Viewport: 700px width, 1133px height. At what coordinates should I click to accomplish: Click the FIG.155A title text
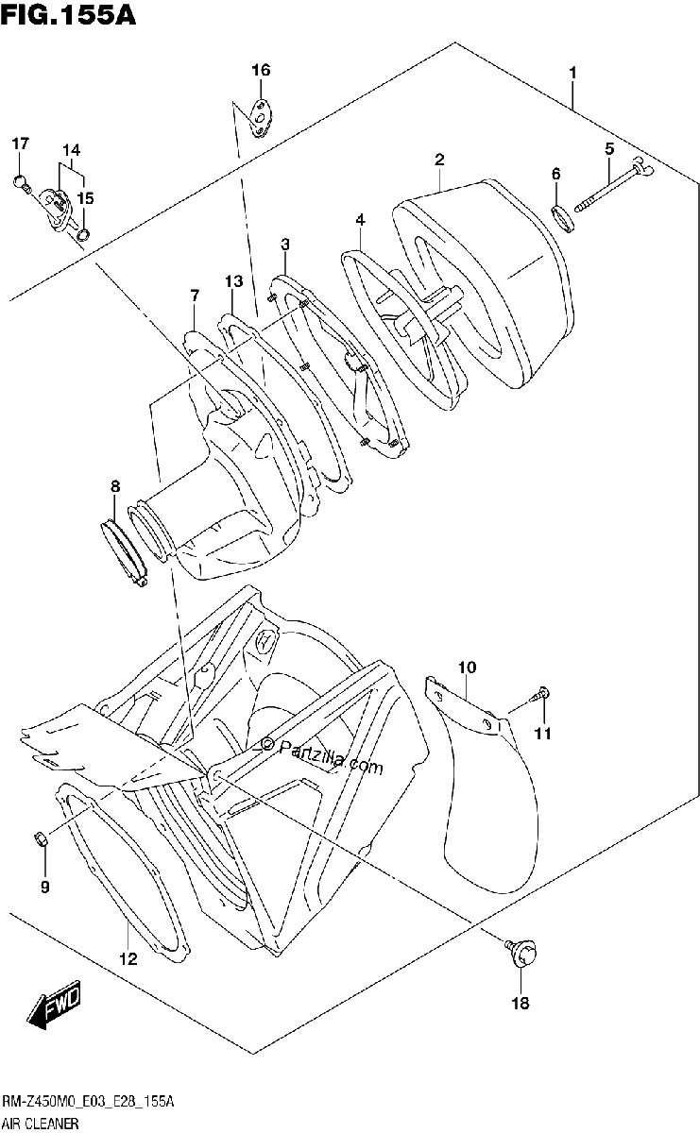click(68, 15)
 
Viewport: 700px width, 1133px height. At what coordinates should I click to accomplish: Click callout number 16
click(261, 70)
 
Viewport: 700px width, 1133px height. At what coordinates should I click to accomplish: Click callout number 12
click(128, 958)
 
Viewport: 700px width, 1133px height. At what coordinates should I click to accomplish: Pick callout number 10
click(468, 668)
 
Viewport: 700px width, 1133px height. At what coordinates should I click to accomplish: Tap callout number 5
click(609, 149)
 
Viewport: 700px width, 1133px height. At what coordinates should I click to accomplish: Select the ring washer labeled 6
click(562, 217)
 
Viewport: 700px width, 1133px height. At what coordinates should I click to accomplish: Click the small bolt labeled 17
click(22, 182)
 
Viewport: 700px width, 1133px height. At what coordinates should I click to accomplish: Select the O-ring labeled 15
click(83, 234)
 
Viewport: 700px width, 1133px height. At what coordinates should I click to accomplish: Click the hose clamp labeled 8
click(122, 551)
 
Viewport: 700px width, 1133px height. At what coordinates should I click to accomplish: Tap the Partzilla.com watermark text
click(322, 756)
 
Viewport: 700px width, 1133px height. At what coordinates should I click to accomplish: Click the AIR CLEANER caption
click(41, 1122)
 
